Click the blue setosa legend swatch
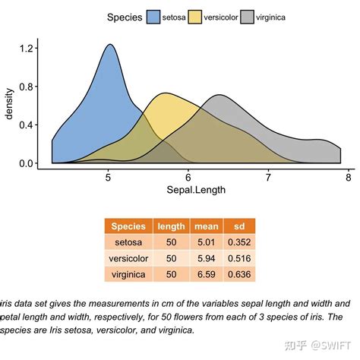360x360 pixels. pyautogui.click(x=153, y=17)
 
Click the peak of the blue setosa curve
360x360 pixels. pyautogui.click(x=110, y=45)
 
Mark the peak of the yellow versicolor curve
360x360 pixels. pyautogui.click(x=165, y=93)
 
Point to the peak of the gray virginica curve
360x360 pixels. pyautogui.click(x=219, y=96)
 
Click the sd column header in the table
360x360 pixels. pyautogui.click(x=240, y=226)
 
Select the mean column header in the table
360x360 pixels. pyautogui.click(x=207, y=226)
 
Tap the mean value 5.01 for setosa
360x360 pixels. pyautogui.click(x=207, y=242)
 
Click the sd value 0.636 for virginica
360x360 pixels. pyautogui.click(x=240, y=274)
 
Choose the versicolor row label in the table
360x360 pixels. pyautogui.click(x=129, y=258)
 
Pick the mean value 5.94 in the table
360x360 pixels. pyautogui.click(x=207, y=258)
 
